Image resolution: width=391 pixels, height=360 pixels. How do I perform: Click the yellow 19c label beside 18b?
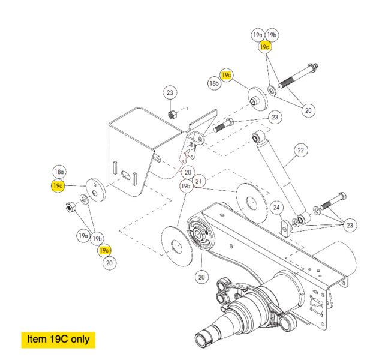pos(227,75)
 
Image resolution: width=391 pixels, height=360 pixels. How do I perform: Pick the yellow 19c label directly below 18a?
pos(58,185)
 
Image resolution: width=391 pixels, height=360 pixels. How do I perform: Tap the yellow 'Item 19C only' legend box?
pos(58,339)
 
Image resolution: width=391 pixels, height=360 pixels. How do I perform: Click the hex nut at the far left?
pos(68,208)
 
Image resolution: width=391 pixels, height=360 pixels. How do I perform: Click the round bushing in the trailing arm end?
pos(197,235)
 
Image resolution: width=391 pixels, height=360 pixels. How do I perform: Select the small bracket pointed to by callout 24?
pos(285,227)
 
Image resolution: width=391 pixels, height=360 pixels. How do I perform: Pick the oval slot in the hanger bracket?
pos(128,174)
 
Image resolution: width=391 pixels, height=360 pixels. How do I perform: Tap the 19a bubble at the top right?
pos(258,35)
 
